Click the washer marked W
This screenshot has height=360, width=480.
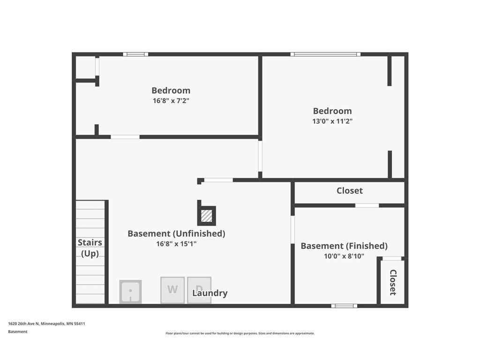pyautogui.click(x=172, y=290)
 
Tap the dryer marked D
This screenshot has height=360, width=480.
pyautogui.click(x=199, y=290)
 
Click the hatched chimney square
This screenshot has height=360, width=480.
pyautogui.click(x=206, y=216)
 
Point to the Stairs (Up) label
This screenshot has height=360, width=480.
pyautogui.click(x=90, y=248)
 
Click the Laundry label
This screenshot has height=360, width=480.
pyautogui.click(x=210, y=293)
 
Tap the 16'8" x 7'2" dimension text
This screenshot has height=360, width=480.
pyautogui.click(x=171, y=100)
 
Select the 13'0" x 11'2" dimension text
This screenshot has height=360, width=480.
pyautogui.click(x=332, y=121)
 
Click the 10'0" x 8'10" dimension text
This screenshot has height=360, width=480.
pyautogui.click(x=344, y=256)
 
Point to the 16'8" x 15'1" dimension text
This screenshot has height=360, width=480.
pyautogui.click(x=176, y=243)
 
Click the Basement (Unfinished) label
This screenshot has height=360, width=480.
pyautogui.click(x=176, y=233)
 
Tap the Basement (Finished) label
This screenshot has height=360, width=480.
pyautogui.click(x=344, y=246)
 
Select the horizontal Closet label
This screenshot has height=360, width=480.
pyautogui.click(x=349, y=191)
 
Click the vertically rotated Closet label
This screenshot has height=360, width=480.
pyautogui.click(x=393, y=282)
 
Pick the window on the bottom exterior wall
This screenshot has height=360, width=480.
pyautogui.click(x=344, y=306)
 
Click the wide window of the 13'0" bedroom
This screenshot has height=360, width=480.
pyautogui.click(x=325, y=54)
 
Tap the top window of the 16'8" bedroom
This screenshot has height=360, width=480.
pyautogui.click(x=135, y=54)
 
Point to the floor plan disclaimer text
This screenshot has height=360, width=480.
pyautogui.click(x=240, y=333)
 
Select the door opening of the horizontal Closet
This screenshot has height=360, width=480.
pyautogui.click(x=367, y=205)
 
